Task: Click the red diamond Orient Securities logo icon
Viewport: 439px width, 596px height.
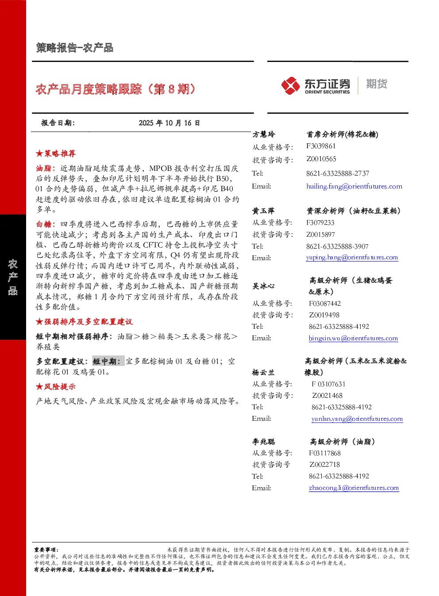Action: (291, 85)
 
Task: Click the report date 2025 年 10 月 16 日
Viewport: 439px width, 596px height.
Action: (169, 123)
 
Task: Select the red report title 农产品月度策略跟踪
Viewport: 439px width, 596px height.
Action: (89, 89)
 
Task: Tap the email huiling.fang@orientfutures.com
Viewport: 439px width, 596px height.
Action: (354, 186)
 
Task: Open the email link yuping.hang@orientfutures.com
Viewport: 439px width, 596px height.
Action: (352, 257)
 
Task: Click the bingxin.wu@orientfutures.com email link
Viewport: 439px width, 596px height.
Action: (353, 338)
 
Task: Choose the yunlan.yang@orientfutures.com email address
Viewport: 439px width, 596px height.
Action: (357, 419)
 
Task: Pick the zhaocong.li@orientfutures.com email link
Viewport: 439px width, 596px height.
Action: (354, 488)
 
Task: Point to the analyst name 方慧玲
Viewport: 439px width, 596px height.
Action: (264, 135)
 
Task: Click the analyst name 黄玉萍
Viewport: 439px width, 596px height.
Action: (263, 211)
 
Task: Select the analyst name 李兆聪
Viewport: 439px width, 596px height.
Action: (264, 442)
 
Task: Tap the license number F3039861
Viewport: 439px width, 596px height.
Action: (321, 146)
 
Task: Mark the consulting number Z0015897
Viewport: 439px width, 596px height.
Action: (320, 235)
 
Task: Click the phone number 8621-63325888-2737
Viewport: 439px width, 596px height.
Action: (338, 173)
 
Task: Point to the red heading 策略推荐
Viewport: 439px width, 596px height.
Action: (60, 153)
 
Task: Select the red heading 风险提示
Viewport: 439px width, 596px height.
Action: (60, 387)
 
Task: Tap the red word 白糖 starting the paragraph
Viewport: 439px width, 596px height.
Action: (44, 224)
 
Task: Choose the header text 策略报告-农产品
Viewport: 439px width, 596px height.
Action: (75, 48)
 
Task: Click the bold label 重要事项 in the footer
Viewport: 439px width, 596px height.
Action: (45, 550)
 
